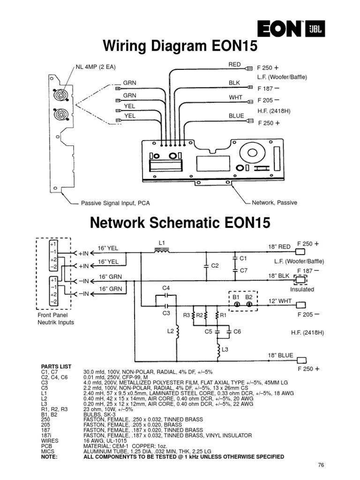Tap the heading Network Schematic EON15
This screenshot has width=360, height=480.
180,223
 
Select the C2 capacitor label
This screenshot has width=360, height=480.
215,266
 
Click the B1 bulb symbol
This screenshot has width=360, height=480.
237,305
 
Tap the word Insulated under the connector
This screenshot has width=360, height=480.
302,289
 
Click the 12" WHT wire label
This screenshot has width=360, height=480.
279,301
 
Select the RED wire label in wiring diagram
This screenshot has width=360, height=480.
234,64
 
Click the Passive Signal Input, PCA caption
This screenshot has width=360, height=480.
115,203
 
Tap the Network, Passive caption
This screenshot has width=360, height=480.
275,202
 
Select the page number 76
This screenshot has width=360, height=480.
321,465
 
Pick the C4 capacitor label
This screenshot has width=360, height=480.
165,287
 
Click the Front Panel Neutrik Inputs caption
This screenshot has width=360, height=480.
55,319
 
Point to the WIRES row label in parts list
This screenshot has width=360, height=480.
49,441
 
